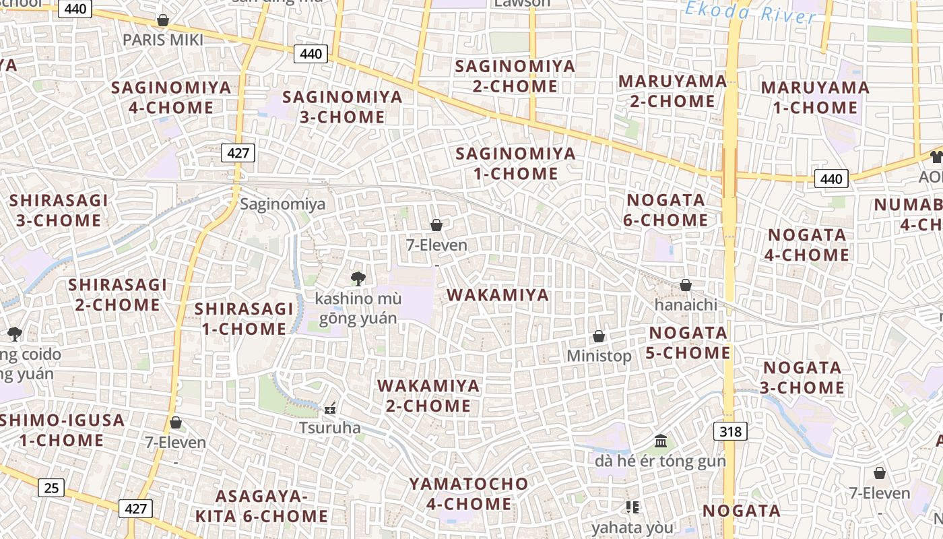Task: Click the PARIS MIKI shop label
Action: click(x=162, y=40)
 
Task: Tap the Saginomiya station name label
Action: click(x=283, y=204)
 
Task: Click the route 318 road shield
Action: click(x=731, y=431)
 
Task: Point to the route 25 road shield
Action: click(x=51, y=487)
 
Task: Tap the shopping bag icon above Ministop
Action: click(x=599, y=336)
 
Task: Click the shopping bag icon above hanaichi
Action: click(x=686, y=285)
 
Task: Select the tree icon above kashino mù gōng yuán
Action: click(x=358, y=278)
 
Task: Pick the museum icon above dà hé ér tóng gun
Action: click(x=661, y=441)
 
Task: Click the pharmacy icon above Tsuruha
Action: click(x=330, y=408)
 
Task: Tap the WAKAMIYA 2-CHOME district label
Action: click(x=428, y=396)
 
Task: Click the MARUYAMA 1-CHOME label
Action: click(x=815, y=97)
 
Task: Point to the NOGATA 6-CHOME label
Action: click(x=666, y=210)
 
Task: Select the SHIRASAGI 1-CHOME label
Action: click(x=244, y=319)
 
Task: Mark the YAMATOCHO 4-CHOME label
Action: click(x=469, y=493)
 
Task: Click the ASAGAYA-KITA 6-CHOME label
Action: click(x=261, y=506)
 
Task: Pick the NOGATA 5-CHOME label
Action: click(x=688, y=343)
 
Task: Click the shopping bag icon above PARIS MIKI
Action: click(x=162, y=20)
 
